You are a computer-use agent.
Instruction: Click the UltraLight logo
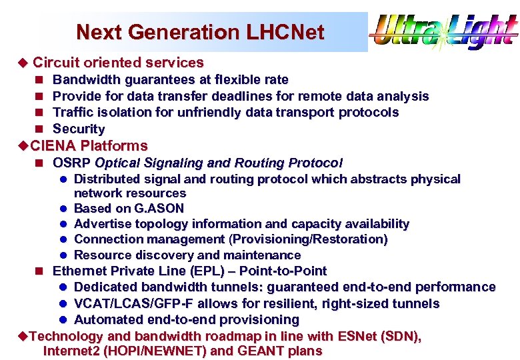pyautogui.click(x=444, y=31)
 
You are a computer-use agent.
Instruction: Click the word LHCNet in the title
pyautogui.click(x=285, y=32)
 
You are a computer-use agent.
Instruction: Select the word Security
pyautogui.click(x=79, y=129)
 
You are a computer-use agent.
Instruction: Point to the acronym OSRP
pyautogui.click(x=71, y=163)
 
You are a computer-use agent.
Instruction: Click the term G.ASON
pyautogui.click(x=159, y=209)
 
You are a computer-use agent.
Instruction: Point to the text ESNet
pyautogui.click(x=357, y=337)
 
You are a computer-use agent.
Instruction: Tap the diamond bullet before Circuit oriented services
pyautogui.click(x=23, y=63)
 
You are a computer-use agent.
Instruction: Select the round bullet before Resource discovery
pyautogui.click(x=63, y=255)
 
